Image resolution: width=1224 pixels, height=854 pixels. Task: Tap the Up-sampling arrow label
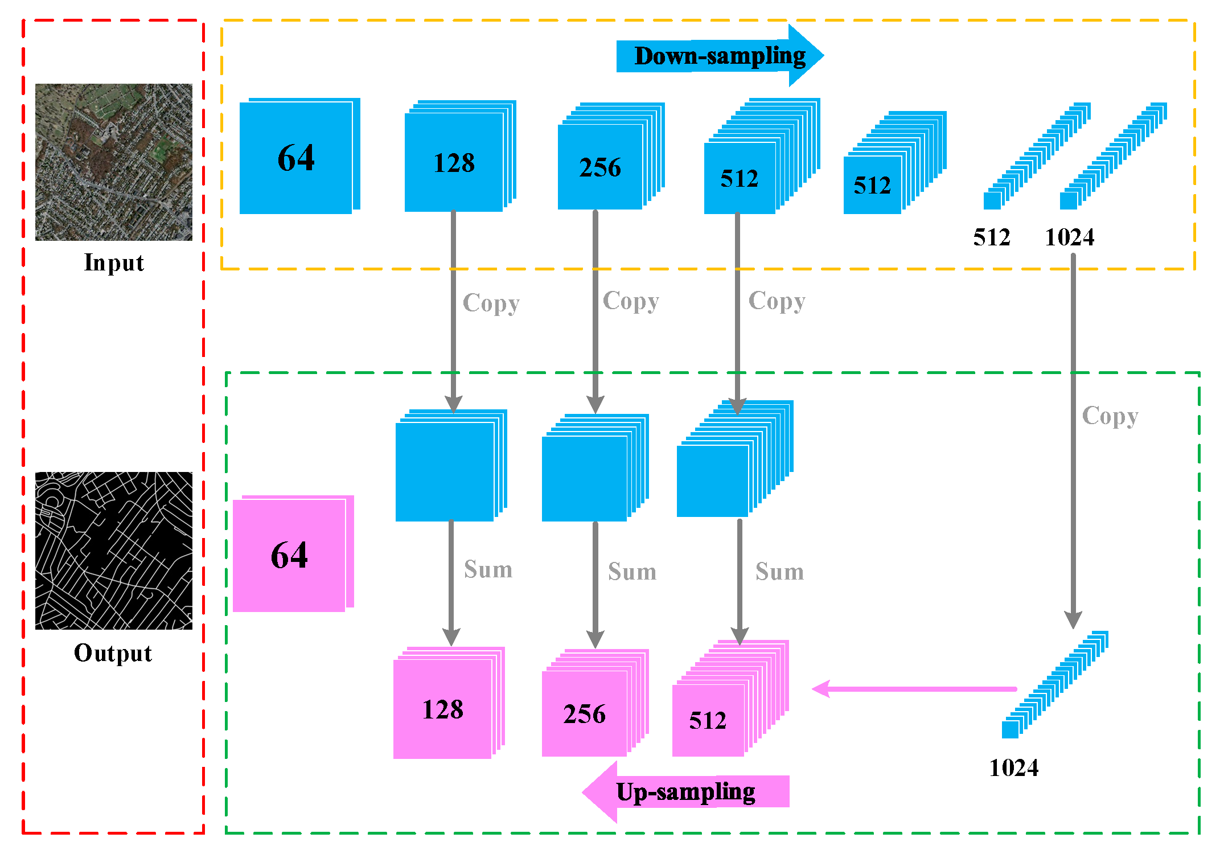(685, 792)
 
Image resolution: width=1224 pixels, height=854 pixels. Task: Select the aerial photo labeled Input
(114, 162)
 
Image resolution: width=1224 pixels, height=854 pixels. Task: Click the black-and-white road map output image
(114, 551)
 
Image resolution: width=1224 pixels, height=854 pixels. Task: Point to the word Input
(114, 263)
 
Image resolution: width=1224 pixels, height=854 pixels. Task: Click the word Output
(113, 653)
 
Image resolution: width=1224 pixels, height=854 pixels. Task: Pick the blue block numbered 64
(296, 158)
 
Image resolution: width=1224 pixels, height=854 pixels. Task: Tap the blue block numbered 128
(454, 163)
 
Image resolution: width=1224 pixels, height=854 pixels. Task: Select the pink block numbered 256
(584, 714)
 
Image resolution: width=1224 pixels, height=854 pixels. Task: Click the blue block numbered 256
(600, 167)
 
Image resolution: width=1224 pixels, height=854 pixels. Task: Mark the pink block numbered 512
(708, 721)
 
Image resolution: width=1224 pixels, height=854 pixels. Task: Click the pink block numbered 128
(442, 709)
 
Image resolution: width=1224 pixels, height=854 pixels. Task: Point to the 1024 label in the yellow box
(1069, 237)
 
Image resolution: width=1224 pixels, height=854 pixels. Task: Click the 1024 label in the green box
(1013, 768)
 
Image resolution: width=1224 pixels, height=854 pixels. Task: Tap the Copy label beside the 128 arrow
(491, 303)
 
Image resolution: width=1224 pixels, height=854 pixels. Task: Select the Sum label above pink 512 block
(779, 572)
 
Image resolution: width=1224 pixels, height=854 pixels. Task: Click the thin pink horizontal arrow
(914, 689)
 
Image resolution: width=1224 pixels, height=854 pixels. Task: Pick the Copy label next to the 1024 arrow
(1110, 416)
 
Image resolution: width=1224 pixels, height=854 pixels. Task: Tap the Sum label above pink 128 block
(488, 569)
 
